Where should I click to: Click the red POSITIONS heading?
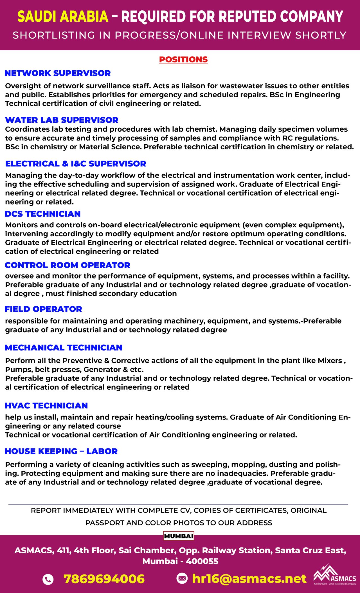(183, 59)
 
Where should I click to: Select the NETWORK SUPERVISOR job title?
(58, 73)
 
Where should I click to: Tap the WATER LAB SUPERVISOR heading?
(62, 120)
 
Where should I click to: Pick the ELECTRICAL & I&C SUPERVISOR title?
(76, 163)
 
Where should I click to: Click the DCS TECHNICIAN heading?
(42, 214)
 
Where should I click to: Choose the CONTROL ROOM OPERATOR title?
(67, 265)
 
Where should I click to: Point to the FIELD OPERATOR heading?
(43, 309)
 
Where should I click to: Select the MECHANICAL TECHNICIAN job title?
(64, 347)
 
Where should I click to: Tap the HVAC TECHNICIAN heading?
(46, 405)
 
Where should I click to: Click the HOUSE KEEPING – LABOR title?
(61, 451)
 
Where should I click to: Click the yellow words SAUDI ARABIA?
(63, 17)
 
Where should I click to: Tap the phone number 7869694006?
(104, 579)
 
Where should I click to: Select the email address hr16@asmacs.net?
(249, 579)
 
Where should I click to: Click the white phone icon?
(48, 579)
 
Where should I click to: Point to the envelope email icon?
(182, 578)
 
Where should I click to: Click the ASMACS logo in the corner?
(335, 576)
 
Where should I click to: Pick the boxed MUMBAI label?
(179, 536)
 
